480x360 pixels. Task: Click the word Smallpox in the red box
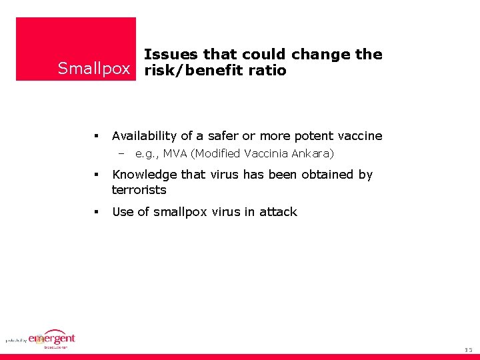click(94, 69)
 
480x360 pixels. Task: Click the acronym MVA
click(175, 154)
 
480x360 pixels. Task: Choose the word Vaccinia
click(267, 154)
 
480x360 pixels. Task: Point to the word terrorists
click(139, 190)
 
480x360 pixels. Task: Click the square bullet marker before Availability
click(97, 136)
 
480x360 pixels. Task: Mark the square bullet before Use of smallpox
click(97, 212)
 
